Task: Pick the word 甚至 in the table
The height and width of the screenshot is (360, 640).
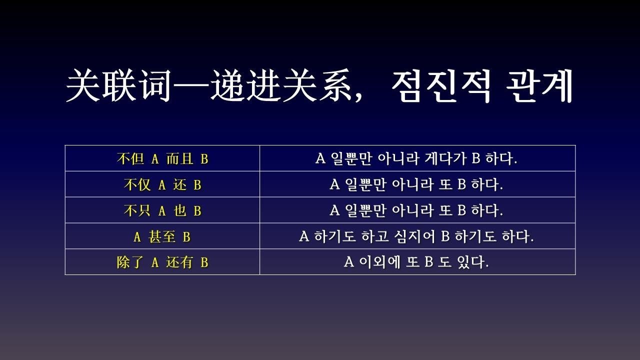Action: click(x=162, y=237)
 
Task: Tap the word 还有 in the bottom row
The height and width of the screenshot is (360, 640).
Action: click(x=179, y=262)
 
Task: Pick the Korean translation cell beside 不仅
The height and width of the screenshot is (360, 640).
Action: click(x=417, y=185)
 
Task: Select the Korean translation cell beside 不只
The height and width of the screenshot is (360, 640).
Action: click(x=417, y=211)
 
